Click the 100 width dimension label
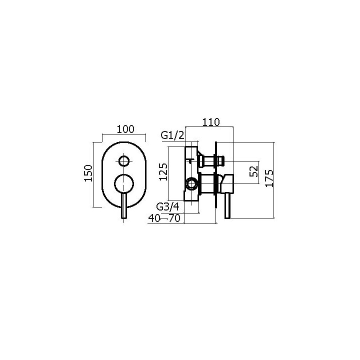pyautogui.click(x=125, y=129)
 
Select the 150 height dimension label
pyautogui.click(x=88, y=173)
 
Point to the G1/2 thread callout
pyautogui.click(x=173, y=135)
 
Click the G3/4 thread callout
pyautogui.click(x=168, y=206)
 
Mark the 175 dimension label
pyautogui.click(x=269, y=178)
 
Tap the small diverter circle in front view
pyautogui.click(x=123, y=161)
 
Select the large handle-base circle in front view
pyautogui.click(x=124, y=183)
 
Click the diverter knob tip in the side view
pyautogui.click(x=220, y=161)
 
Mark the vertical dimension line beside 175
pyautogui.click(x=274, y=180)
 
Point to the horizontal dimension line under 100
pyautogui.click(x=123, y=134)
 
